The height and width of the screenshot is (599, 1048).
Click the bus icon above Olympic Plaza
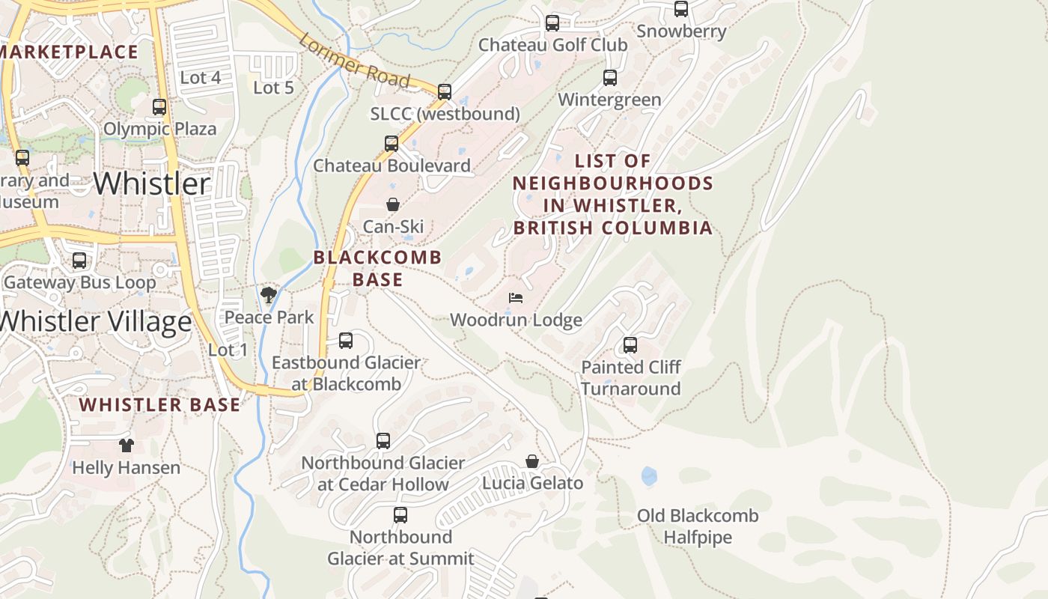click(x=159, y=107)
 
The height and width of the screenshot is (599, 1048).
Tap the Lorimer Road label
click(x=354, y=60)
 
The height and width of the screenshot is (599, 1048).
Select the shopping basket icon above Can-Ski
click(x=392, y=204)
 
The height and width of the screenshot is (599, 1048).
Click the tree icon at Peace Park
click(x=269, y=295)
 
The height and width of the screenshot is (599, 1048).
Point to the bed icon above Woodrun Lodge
click(x=516, y=298)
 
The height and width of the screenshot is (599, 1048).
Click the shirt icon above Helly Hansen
click(x=126, y=446)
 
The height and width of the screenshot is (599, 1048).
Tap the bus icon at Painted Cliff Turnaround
click(x=630, y=345)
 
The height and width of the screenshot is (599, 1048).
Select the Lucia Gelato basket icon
click(x=532, y=461)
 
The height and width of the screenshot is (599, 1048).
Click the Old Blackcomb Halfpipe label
click(x=698, y=526)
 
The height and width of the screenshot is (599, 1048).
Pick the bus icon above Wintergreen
click(x=610, y=78)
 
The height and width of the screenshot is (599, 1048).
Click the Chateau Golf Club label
click(x=552, y=45)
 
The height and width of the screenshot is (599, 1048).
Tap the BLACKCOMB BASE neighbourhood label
click(x=377, y=268)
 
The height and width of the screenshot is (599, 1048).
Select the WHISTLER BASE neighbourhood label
click(x=160, y=405)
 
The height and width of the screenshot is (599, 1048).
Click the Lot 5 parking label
click(x=273, y=88)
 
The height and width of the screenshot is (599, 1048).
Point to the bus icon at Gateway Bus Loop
click(x=79, y=261)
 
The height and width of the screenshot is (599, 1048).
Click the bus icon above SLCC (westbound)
click(x=445, y=92)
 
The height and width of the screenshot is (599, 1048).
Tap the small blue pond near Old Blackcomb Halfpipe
click(x=649, y=475)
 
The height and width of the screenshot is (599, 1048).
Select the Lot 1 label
click(x=228, y=350)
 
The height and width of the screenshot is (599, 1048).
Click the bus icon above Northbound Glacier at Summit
click(x=400, y=515)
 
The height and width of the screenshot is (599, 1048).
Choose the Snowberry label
click(x=681, y=31)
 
